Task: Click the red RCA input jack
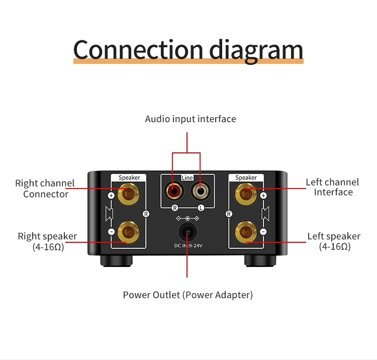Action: pos(174,192)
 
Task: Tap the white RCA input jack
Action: pos(200,192)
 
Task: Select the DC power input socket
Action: pos(188,232)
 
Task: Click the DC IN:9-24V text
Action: pos(189,245)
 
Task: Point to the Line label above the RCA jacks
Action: pos(187,177)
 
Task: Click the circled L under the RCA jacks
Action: pos(201,208)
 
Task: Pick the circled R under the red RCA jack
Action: pos(175,208)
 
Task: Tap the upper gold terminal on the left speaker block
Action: pos(129,194)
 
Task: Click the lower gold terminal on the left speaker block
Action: pos(129,232)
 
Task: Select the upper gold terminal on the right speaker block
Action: pos(246,194)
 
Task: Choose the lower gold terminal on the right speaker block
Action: pos(246,232)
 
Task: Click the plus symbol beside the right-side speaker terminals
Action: pos(263,196)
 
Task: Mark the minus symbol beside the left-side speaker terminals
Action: pos(111,232)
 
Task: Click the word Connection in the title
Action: pos(138,50)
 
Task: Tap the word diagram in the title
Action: pos(256,51)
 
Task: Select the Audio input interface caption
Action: pos(191,119)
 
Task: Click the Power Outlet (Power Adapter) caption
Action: pos(188,295)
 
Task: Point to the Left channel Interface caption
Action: pos(333,187)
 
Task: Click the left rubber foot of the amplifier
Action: pos(117,261)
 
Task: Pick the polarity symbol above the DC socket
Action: pos(187,218)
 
